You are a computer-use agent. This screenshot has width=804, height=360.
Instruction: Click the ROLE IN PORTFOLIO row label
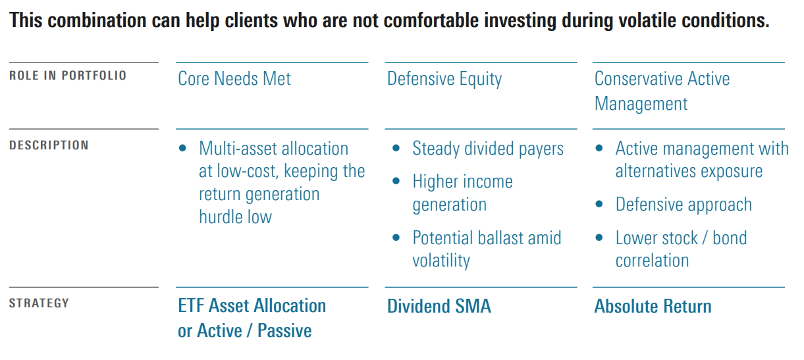tap(68, 76)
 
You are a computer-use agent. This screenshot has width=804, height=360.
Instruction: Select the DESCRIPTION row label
tap(49, 145)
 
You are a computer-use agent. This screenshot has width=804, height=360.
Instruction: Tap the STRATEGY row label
tap(39, 303)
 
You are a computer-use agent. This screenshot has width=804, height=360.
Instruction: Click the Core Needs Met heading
tap(234, 79)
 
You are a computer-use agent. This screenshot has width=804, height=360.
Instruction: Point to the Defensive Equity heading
tap(444, 79)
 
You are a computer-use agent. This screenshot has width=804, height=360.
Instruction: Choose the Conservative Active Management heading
tap(662, 91)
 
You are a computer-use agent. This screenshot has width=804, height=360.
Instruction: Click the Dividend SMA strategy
tap(439, 306)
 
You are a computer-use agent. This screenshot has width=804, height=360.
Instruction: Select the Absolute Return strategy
tap(653, 306)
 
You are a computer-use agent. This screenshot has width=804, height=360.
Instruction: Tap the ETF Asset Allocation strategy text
tap(252, 306)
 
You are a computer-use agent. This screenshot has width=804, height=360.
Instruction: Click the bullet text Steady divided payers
tap(488, 149)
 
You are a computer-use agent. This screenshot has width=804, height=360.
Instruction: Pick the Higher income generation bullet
tap(462, 193)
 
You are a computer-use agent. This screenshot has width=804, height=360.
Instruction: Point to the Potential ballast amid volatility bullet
tap(487, 249)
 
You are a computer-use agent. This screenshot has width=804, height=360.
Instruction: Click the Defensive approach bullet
tap(683, 205)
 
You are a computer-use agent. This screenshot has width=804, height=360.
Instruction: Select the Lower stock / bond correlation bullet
tap(681, 249)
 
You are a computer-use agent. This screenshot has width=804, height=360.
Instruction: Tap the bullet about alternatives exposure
tap(701, 160)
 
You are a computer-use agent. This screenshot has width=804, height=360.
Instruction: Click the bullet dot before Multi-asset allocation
tap(183, 149)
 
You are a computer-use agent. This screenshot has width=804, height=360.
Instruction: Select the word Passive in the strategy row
tap(284, 330)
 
